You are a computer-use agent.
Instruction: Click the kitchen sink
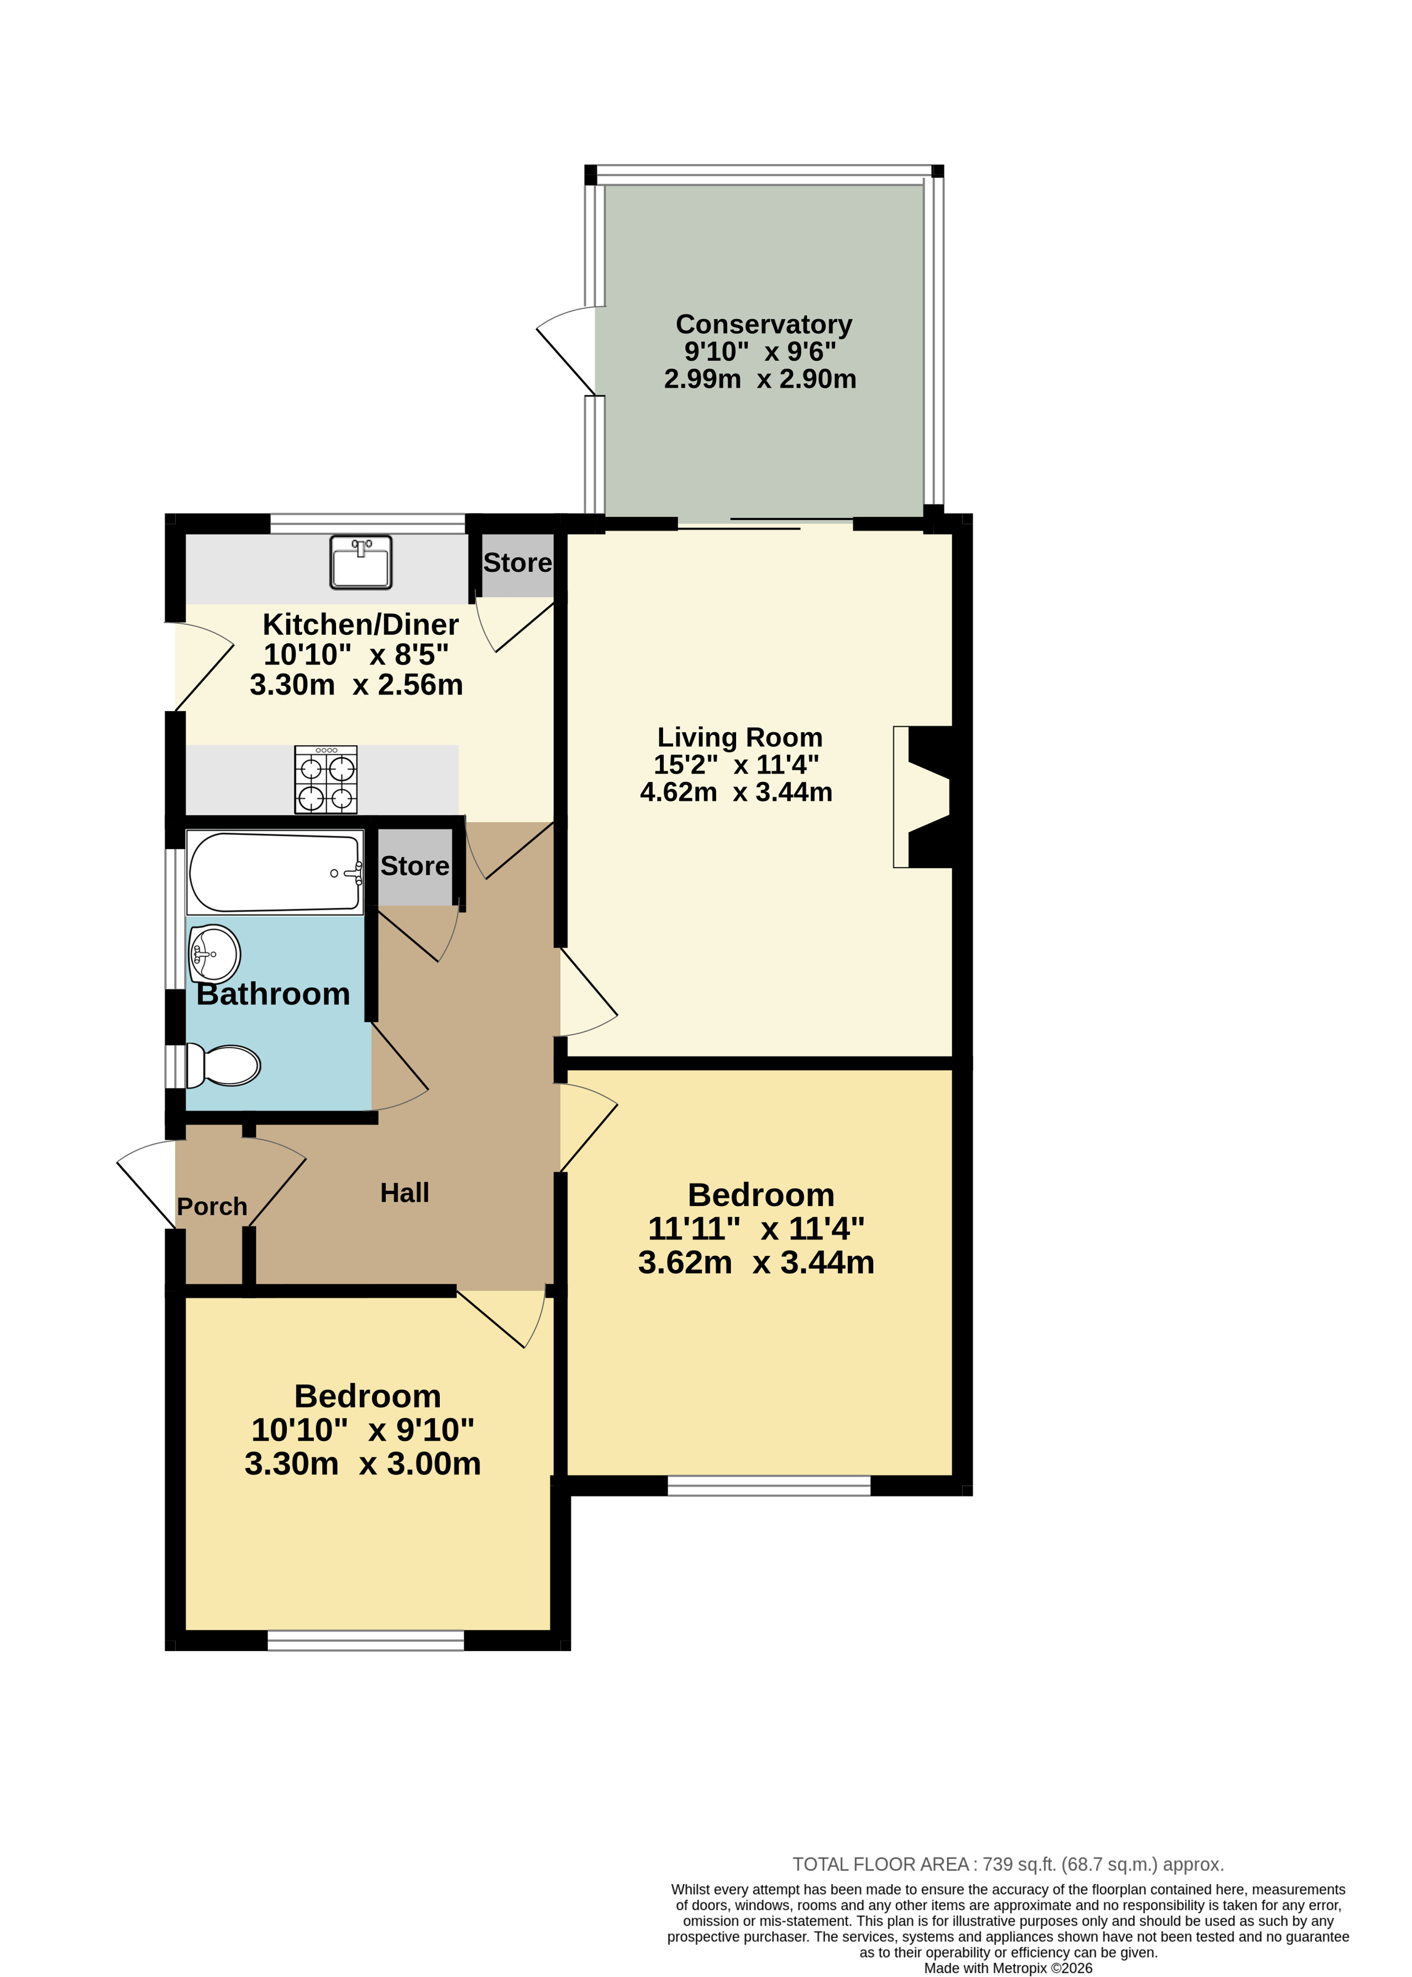(x=361, y=562)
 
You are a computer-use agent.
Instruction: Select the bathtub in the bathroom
(x=275, y=872)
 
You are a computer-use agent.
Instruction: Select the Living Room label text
(x=740, y=737)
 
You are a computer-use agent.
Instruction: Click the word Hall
(x=405, y=1193)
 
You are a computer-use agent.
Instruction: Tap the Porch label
(x=212, y=1207)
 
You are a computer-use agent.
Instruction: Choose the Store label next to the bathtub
(x=414, y=866)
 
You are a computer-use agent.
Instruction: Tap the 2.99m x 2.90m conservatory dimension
(x=760, y=379)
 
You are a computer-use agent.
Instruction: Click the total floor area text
(x=1007, y=1864)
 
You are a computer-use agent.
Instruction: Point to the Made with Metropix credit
(x=1007, y=1968)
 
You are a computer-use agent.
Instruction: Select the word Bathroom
(x=273, y=993)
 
